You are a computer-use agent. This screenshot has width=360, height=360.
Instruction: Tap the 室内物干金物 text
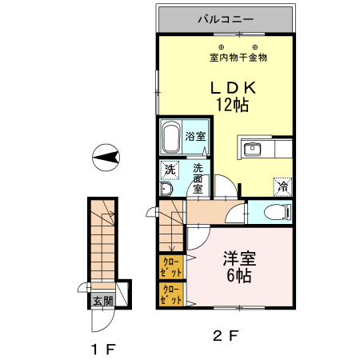click(238, 57)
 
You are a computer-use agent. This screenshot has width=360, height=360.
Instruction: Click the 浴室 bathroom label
click(195, 136)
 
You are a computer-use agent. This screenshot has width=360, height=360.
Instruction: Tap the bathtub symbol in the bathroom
click(170, 139)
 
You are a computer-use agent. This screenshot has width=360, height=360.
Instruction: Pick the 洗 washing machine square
click(168, 170)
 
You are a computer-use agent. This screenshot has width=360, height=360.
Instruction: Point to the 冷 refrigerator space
click(283, 185)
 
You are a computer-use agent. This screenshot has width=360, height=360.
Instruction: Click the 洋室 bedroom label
click(238, 259)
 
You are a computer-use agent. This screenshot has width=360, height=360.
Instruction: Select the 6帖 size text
click(238, 277)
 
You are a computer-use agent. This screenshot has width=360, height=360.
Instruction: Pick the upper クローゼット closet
click(171, 266)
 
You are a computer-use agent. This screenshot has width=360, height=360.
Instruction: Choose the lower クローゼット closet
click(171, 295)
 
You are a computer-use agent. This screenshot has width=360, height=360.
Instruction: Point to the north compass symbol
click(105, 158)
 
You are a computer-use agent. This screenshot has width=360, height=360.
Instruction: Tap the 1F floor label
click(103, 349)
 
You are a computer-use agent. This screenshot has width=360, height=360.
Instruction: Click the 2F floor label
click(226, 334)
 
